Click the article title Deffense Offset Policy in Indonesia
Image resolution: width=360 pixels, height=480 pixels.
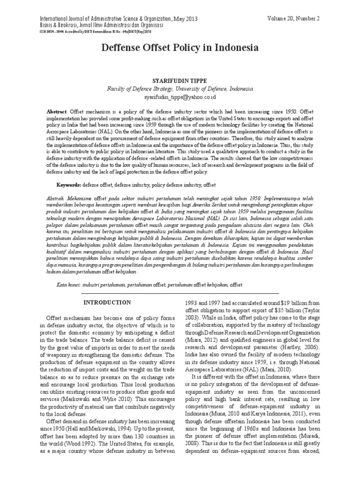(180, 48)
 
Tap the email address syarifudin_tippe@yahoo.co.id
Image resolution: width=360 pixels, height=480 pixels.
(180, 97)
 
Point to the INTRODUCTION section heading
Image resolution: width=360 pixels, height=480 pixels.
(107, 302)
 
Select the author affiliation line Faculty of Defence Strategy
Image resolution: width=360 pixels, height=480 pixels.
(180, 88)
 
